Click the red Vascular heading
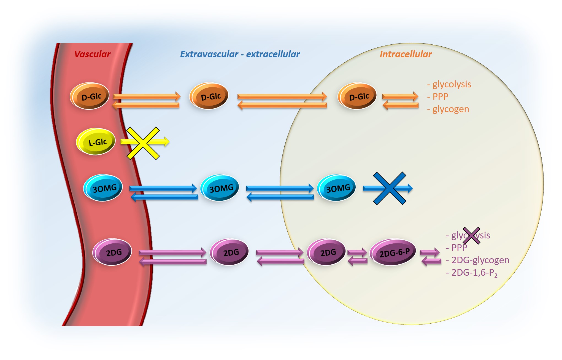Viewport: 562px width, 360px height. (92, 54)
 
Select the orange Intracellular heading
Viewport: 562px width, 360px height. (406, 54)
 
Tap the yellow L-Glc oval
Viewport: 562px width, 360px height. (96, 142)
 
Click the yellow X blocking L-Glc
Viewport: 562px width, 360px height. (143, 143)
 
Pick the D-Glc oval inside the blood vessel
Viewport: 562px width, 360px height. (90, 96)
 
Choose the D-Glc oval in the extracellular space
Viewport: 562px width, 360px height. (209, 96)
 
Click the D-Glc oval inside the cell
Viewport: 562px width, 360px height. (358, 96)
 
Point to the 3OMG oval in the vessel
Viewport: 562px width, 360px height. (103, 188)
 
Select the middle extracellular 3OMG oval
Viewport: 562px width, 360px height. (220, 188)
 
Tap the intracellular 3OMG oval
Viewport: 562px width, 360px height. (337, 188)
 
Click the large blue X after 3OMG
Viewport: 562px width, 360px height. (389, 188)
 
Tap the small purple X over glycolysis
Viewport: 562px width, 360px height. (471, 236)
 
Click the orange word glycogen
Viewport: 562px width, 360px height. (451, 109)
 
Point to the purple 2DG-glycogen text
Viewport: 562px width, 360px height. (480, 260)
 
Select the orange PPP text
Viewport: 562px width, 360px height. (440, 97)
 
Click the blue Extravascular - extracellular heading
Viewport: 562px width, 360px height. (240, 54)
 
